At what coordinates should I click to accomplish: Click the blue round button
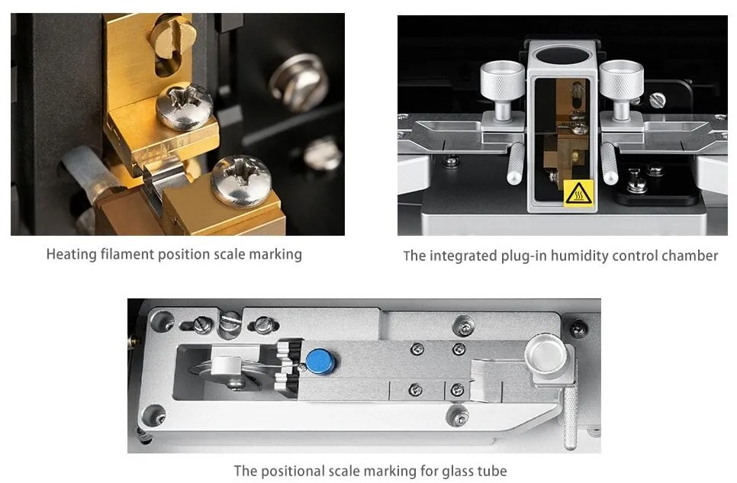[320, 361]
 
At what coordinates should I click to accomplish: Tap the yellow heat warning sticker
[578, 193]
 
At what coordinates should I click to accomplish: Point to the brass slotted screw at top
[173, 37]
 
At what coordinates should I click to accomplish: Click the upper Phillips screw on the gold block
[185, 107]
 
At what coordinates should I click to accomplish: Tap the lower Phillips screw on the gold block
[240, 182]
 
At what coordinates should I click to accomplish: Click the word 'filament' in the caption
[127, 254]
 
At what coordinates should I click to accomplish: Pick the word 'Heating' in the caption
[72, 254]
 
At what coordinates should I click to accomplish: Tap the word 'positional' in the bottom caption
[292, 471]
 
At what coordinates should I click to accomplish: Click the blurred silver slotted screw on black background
[299, 82]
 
